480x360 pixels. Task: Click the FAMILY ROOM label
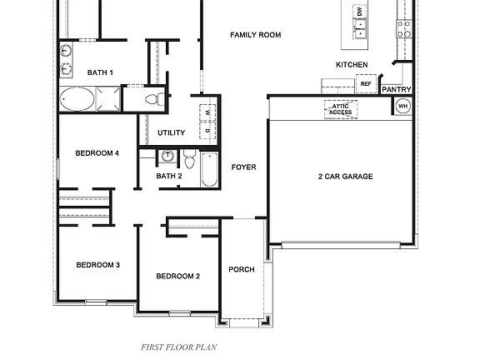(255, 35)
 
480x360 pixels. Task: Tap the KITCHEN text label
(352, 65)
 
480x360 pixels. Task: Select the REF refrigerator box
(365, 84)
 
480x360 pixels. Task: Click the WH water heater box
(402, 106)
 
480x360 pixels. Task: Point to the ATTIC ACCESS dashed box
(340, 109)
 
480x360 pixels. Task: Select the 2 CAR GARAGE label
(345, 177)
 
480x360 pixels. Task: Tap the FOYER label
(243, 167)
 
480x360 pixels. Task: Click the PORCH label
(242, 269)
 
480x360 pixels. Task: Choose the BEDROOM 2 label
(178, 276)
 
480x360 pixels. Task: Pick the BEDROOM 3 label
(98, 265)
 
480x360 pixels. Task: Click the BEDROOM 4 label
(97, 153)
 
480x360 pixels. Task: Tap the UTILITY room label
(171, 133)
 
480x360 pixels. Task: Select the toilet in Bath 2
(189, 157)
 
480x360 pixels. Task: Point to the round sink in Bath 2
(167, 156)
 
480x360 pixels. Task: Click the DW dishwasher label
(360, 12)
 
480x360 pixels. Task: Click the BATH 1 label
(99, 73)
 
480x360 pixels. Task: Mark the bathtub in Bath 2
(209, 170)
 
